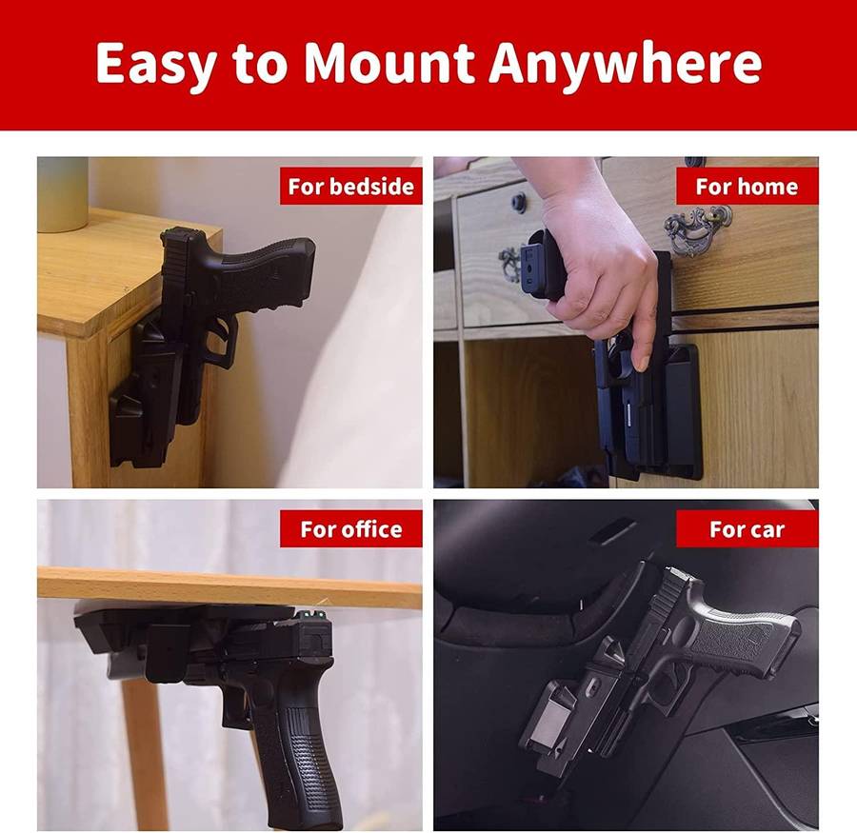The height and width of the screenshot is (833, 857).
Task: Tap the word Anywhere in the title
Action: [x=625, y=63]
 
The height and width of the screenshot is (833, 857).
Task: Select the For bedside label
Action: [x=350, y=187]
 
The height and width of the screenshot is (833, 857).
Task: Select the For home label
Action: [x=747, y=187]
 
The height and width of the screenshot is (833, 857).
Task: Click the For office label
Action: [x=350, y=529]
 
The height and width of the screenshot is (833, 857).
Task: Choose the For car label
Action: [x=747, y=529]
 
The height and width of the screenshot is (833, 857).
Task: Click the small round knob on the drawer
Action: [x=518, y=202]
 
